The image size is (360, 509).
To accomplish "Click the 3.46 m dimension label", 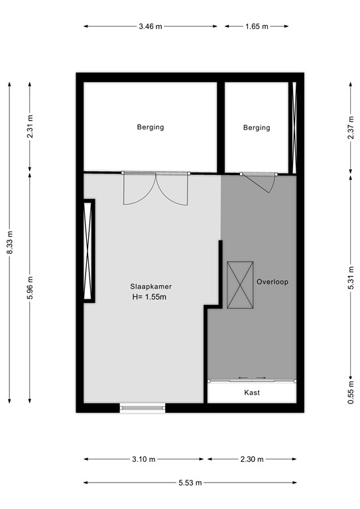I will coord(150,27).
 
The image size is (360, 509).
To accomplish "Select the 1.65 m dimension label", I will coord(257,27).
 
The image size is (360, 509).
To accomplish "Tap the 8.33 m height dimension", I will coord(9,243).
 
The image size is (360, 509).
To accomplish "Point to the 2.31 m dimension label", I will coord(30,126).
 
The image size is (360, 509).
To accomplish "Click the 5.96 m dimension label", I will coord(30,287).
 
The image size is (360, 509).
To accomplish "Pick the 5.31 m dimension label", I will coord(350,287).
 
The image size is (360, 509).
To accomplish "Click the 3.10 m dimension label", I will coord(143,459).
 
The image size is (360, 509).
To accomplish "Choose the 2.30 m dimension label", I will coord(251,459).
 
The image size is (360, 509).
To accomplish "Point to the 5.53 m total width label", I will coord(189,483).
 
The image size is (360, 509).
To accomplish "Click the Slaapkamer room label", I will coord(151,287).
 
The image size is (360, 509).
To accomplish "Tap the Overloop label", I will coord(272,282).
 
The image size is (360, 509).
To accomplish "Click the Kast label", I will coord(251,393).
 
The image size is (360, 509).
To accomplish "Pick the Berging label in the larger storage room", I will coord(150,127).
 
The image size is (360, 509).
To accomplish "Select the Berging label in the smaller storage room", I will coord(257,127).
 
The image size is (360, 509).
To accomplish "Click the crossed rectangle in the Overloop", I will coord(240,285).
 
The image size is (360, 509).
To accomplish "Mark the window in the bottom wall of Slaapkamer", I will coord(143,408).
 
